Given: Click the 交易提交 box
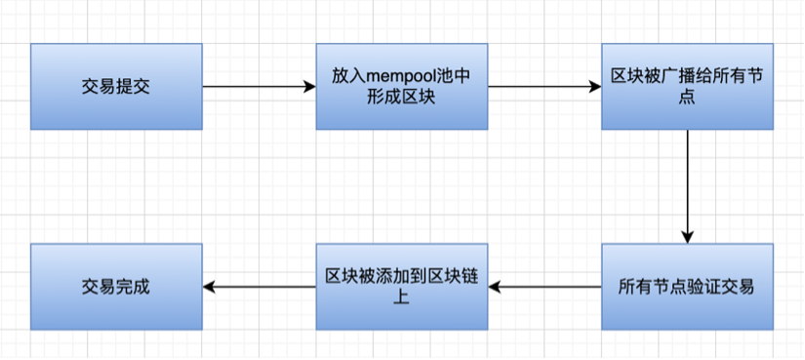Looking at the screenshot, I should pos(116,87).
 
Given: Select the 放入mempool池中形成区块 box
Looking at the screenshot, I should pos(402,87).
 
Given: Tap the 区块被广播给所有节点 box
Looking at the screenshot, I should pos(687,87).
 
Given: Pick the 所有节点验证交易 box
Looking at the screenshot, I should pos(687,287).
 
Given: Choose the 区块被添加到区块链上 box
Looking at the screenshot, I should pos(402,287).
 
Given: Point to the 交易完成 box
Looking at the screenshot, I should pos(116,287).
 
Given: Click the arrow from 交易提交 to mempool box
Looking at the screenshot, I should pos(259,87).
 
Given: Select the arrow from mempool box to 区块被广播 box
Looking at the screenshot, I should pos(543,87).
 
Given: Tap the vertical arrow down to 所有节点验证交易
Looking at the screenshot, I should pos(687,185).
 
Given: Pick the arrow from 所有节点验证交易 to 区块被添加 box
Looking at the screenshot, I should pos(543,287).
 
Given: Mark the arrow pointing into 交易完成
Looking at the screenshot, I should pos(259,287).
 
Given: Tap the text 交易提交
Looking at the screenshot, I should pos(116,87).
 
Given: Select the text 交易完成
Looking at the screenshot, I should pos(116,287).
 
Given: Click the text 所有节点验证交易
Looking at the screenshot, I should pos(687,287).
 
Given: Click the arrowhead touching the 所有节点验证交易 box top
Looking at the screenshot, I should pos(687,237).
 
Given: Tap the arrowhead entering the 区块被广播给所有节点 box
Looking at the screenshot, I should pos(595,87).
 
